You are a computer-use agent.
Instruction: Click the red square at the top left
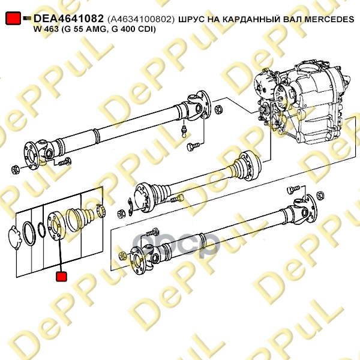tap(13, 18)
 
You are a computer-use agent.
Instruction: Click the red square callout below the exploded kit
tap(61, 277)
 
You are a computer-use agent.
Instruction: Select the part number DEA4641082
tap(68, 19)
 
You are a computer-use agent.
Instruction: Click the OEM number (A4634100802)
tap(141, 19)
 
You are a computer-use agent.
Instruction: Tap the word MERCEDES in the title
tap(329, 19)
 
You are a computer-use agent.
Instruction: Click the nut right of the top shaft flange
tap(218, 109)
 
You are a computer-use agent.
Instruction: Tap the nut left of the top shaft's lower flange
tap(16, 170)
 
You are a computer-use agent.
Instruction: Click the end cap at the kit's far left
tap(14, 238)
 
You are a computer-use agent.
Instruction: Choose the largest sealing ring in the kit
tap(29, 234)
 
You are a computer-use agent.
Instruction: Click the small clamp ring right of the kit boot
tap(101, 210)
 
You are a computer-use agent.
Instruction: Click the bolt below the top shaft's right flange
tap(193, 146)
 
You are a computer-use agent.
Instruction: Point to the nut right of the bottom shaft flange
tap(320, 196)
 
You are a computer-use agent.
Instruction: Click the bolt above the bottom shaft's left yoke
tap(152, 233)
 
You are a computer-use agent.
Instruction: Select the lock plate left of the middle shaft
tap(130, 207)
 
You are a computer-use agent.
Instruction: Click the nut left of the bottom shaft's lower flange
tap(122, 256)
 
